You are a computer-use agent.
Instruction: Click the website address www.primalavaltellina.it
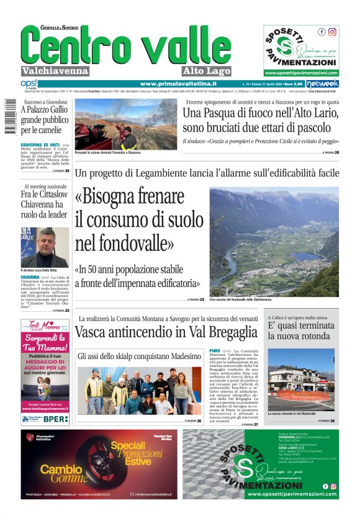click(x=178, y=84)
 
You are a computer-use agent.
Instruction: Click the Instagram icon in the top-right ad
click(x=332, y=32)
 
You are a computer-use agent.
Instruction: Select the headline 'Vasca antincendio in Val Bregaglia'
click(x=166, y=332)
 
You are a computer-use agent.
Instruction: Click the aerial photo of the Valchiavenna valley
click(x=274, y=242)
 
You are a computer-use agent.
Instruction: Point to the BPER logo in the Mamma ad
click(x=56, y=419)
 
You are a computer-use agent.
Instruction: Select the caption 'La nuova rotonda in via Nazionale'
click(x=292, y=413)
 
